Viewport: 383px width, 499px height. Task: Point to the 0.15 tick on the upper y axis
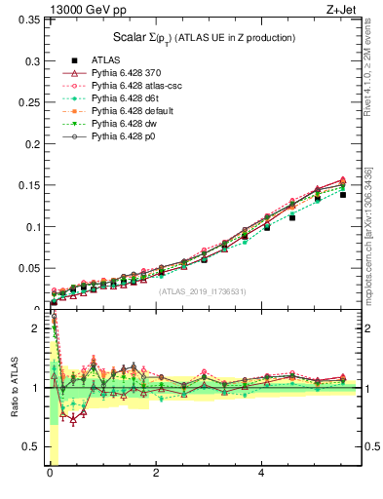click(28, 186)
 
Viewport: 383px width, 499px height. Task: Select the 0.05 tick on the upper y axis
click(28, 268)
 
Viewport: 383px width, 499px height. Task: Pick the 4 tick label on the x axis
click(261, 474)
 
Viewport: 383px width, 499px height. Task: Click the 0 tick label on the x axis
click(49, 474)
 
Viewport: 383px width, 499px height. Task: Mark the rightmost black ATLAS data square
click(343, 195)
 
